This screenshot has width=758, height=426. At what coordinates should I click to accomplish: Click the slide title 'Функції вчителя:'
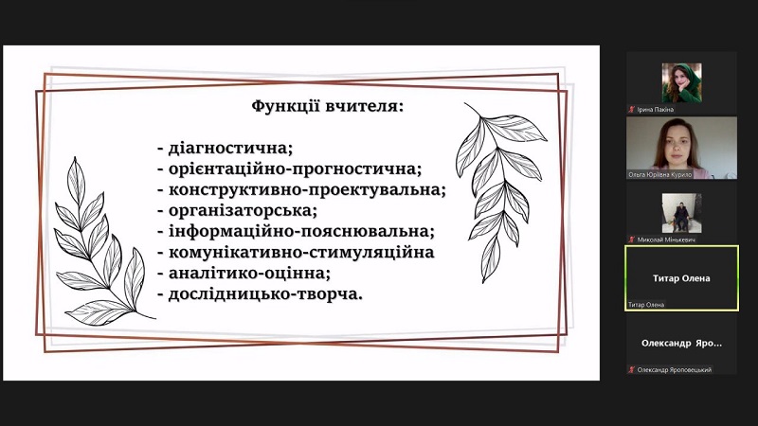point(327,106)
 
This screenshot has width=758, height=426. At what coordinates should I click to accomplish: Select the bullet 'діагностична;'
point(226,148)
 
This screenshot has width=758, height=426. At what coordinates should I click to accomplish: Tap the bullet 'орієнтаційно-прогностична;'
point(290,169)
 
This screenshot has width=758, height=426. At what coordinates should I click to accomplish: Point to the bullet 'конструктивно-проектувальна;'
point(301,190)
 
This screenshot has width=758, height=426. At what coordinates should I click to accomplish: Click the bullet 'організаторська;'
point(238,210)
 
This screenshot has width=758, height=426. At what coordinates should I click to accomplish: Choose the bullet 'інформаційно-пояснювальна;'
point(296,231)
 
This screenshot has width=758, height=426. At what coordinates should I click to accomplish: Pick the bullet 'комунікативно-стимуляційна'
point(296,252)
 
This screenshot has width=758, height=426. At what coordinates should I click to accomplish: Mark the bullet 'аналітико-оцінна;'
point(244,274)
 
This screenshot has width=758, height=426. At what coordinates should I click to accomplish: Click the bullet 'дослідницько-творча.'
point(260,294)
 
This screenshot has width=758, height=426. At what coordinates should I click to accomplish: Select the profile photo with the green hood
point(681,82)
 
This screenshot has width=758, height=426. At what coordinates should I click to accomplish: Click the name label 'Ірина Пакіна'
point(655,110)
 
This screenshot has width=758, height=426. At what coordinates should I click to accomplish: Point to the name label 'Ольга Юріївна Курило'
point(659,175)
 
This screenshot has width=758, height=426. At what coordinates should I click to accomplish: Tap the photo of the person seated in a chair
point(681,213)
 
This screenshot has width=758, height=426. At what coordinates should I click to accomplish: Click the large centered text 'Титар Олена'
point(681,278)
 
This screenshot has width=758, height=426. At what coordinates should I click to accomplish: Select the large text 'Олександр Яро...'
point(681,344)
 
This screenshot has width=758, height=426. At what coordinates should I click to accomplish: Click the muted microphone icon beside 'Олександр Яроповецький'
point(631,370)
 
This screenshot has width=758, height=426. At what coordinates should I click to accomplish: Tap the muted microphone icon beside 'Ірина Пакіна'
point(631,110)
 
